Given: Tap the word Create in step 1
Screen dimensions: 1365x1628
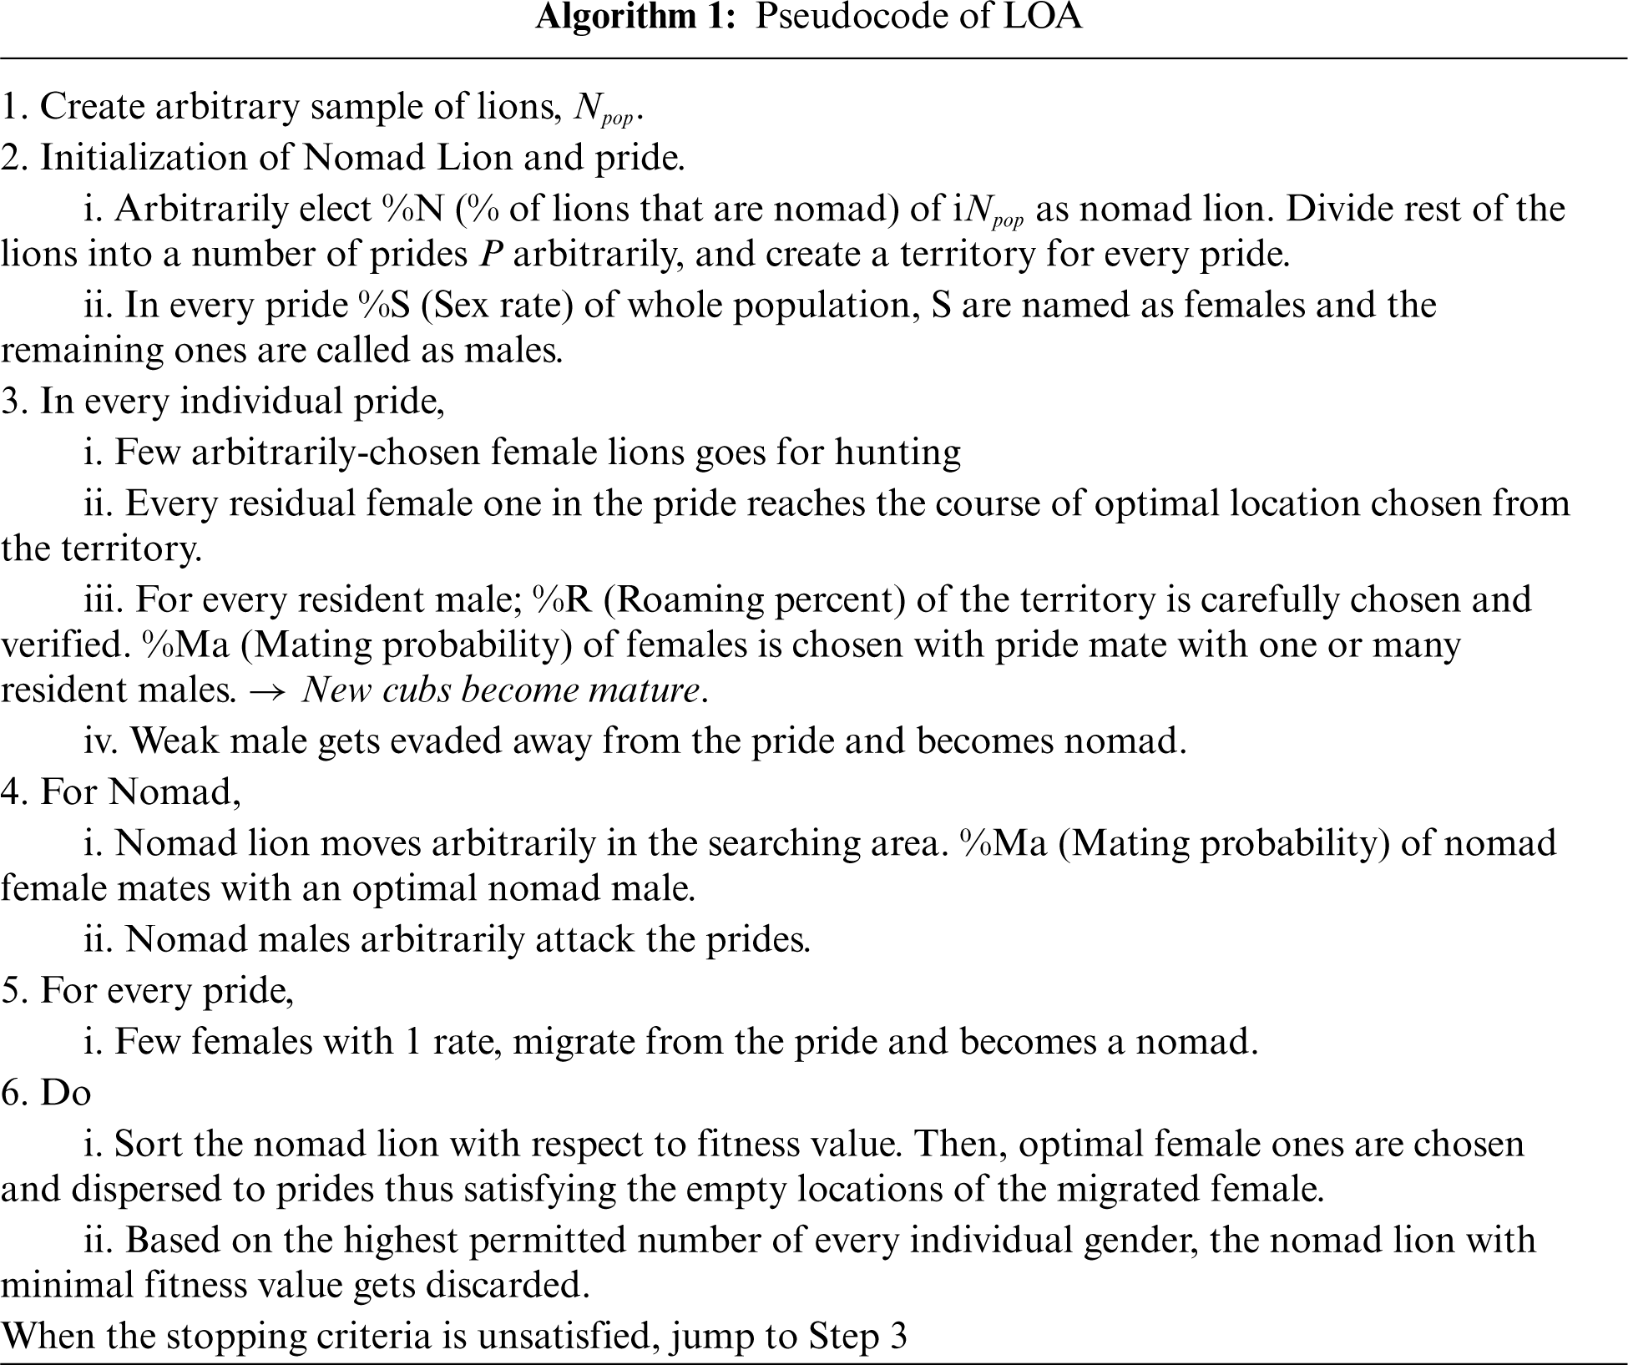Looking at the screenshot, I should point(91,108).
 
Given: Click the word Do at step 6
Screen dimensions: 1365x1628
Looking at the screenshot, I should point(65,1092).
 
